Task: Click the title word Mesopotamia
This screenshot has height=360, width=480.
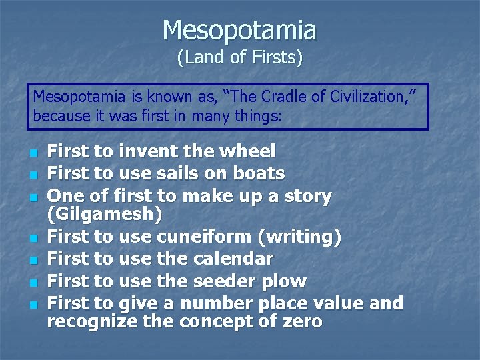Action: pos(239,30)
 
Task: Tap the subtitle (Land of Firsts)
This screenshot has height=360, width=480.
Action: pos(239,58)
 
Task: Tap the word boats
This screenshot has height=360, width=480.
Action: pos(259,174)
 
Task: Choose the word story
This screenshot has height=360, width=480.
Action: pos(303,196)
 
